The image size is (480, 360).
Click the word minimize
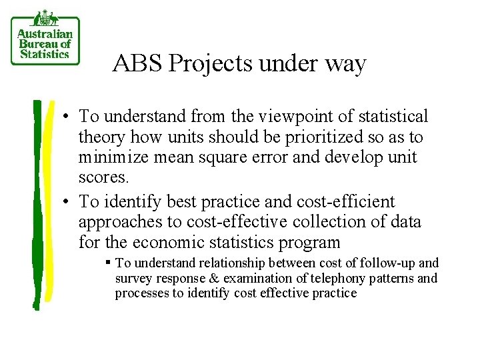(x=109, y=157)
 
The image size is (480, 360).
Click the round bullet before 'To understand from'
(x=69, y=117)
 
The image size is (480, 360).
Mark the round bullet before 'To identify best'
(x=69, y=202)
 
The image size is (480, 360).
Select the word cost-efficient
(x=341, y=201)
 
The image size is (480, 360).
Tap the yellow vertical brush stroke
(x=50, y=200)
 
